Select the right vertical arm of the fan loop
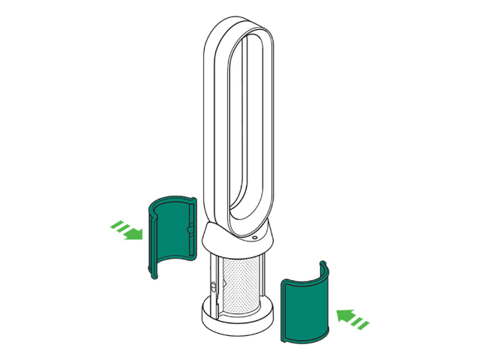271,127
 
